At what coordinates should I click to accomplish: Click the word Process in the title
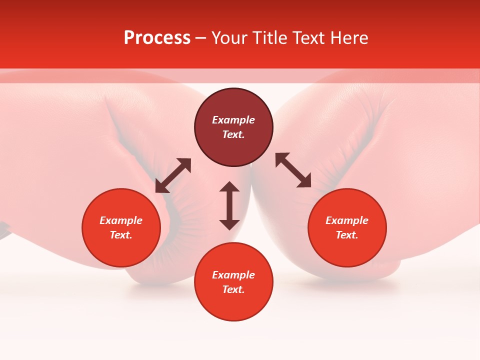157,38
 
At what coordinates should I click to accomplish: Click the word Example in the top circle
233,120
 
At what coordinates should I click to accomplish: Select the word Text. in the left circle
121,235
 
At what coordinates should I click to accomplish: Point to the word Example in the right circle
347,220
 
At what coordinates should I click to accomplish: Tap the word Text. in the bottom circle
233,289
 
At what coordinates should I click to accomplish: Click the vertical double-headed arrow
229,205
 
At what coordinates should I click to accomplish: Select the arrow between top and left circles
173,175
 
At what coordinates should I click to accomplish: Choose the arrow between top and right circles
293,170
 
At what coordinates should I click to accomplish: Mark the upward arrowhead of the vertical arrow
229,186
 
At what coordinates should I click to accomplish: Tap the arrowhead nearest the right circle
305,182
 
